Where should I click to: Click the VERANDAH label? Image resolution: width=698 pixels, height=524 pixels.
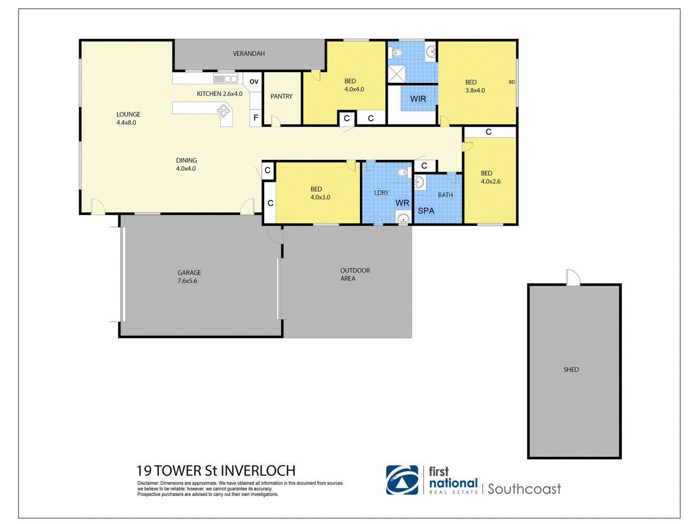pos(249,54)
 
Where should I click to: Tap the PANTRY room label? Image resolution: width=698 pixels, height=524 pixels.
pos(281,97)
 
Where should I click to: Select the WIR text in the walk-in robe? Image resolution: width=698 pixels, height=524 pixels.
pos(418,99)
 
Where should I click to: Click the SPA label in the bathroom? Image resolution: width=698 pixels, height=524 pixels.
pos(426,211)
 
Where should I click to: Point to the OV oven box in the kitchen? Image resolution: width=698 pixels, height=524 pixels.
pos(254,82)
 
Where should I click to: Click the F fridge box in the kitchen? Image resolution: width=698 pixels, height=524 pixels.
pos(256,118)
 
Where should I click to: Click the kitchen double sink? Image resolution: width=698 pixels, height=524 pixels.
pos(225,79)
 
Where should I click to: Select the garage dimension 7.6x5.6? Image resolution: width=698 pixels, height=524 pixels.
pos(187,281)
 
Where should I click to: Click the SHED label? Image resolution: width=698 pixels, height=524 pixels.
pos(571,369)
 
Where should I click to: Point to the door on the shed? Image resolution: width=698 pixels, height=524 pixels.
pos(573,278)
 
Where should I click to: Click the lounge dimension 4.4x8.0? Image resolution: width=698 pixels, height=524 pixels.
pos(126,123)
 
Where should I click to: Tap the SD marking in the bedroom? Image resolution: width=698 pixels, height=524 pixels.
pos(512,82)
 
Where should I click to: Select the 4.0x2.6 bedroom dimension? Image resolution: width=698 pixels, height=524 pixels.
pos(491,181)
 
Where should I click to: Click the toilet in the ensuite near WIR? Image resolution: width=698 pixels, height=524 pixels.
pos(397,53)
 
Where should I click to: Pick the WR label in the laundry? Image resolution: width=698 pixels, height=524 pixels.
pos(402,203)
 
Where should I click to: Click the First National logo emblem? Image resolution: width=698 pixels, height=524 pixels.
pos(402,480)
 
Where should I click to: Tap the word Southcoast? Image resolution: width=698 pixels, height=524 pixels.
pos(524,489)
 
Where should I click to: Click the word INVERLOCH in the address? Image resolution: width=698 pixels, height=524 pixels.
pos(258,471)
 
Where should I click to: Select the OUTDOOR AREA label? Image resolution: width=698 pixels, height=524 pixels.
pos(355,274)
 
